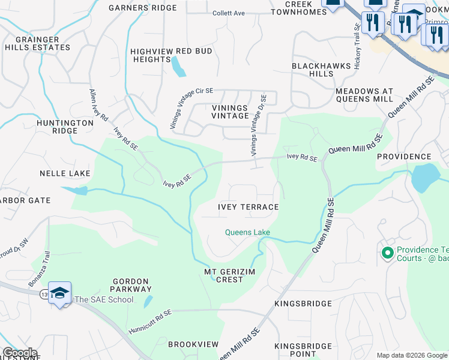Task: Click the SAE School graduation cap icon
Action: click(59, 293)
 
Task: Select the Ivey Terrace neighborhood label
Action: click(248, 207)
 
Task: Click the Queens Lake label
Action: click(247, 232)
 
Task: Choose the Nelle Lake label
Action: click(65, 173)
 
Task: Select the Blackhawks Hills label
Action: click(312, 69)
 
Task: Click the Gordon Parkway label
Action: click(130, 285)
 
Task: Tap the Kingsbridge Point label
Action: click(303, 350)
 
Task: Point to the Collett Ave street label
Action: click(229, 13)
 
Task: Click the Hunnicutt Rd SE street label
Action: click(149, 322)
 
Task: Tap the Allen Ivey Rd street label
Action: click(98, 104)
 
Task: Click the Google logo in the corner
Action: click(20, 353)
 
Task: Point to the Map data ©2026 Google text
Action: click(411, 355)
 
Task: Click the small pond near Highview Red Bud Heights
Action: click(178, 68)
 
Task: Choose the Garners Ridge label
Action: click(143, 8)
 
